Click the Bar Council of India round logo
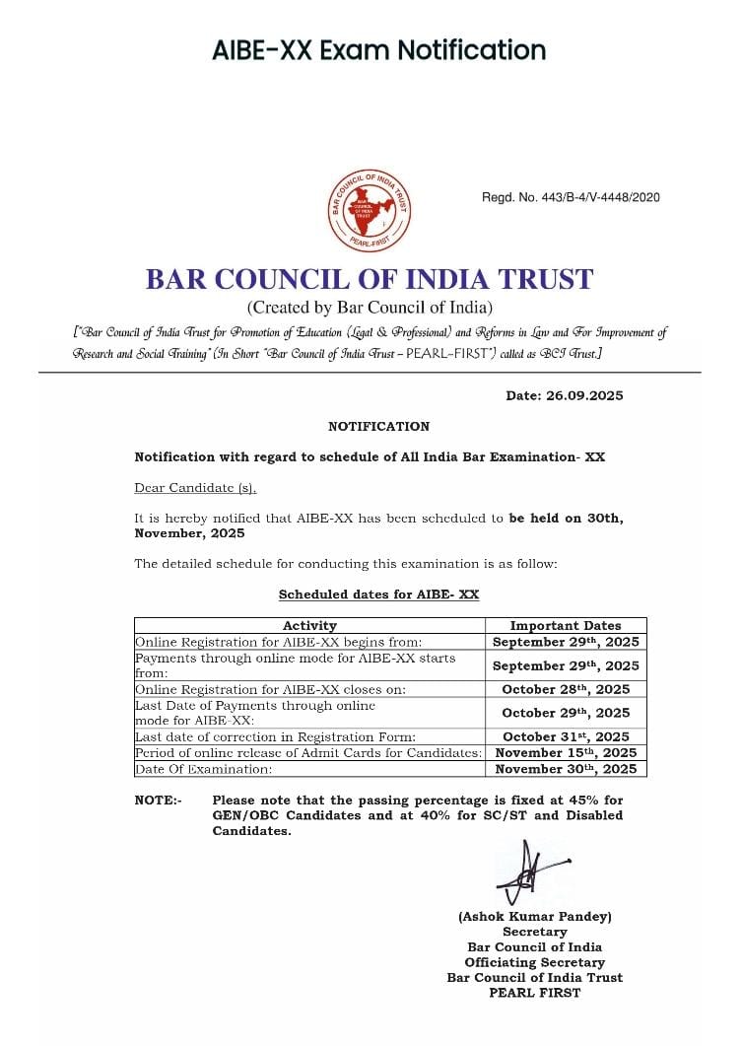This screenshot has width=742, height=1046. tap(370, 211)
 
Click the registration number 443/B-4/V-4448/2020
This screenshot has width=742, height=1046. tap(571, 197)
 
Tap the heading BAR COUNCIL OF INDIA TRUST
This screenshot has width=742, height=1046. tap(370, 279)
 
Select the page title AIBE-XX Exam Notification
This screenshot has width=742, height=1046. tap(378, 49)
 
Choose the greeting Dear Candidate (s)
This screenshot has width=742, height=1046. tap(195, 488)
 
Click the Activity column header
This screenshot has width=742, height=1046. tap(309, 625)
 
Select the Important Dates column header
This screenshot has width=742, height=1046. tap(566, 625)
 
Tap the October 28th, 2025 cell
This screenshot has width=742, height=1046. tap(566, 689)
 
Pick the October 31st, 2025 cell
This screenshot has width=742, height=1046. tap(566, 736)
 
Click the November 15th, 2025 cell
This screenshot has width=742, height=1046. tap(566, 752)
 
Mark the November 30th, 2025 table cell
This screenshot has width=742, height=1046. tap(566, 769)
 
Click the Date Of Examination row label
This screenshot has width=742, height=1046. tap(203, 769)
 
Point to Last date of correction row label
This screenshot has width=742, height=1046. tap(275, 736)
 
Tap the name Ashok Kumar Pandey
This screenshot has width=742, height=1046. tap(535, 916)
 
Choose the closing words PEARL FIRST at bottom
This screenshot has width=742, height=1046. tap(535, 993)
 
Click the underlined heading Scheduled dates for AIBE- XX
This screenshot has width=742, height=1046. tap(378, 594)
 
